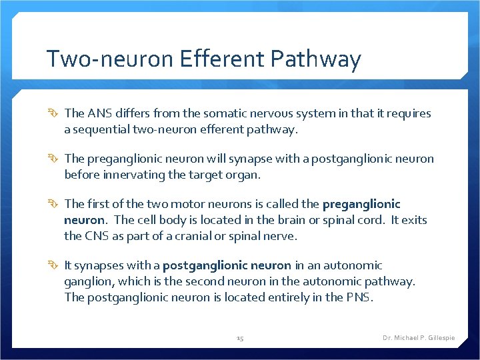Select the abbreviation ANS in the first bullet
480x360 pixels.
click(x=97, y=113)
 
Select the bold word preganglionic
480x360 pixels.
click(x=361, y=204)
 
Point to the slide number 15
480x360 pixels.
click(x=240, y=339)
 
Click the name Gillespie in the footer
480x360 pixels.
click(x=438, y=338)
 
